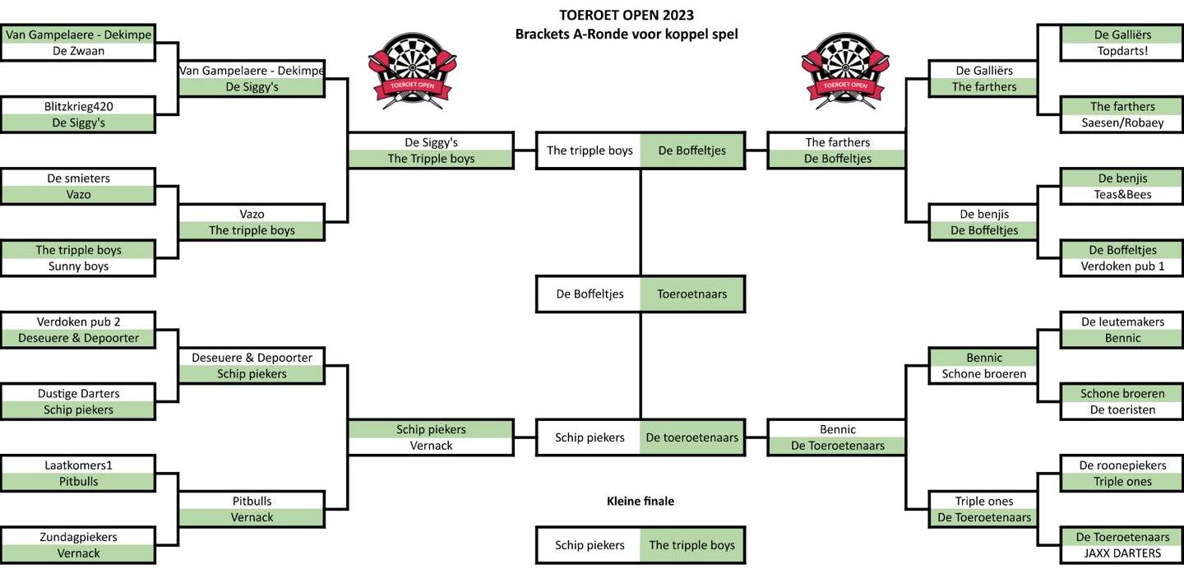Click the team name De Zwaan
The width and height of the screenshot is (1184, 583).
tap(78, 51)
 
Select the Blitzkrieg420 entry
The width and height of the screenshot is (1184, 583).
tap(78, 106)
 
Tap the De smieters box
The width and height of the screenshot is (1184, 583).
tap(78, 178)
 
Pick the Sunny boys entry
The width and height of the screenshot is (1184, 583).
tap(78, 266)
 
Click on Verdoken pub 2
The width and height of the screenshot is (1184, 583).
tap(78, 322)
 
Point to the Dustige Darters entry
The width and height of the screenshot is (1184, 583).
tap(78, 394)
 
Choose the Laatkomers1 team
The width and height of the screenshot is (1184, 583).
tap(78, 465)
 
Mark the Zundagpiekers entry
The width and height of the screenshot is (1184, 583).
tap(78, 537)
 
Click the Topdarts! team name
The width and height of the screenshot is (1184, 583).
tap(1122, 51)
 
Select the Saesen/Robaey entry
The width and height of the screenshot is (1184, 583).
tap(1122, 123)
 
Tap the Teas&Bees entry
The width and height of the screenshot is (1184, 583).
tap(1122, 195)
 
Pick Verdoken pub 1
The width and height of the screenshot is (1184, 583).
tap(1122, 266)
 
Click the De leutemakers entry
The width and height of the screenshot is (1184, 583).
tap(1122, 322)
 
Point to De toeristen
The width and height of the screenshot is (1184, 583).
tap(1122, 410)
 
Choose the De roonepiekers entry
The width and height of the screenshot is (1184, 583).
tap(1122, 465)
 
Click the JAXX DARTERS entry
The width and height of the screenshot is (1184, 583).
tap(1122, 553)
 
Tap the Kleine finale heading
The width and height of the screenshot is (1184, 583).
tap(640, 501)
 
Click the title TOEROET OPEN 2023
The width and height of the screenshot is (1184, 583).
tap(627, 15)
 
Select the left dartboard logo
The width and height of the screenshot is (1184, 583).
tap(412, 70)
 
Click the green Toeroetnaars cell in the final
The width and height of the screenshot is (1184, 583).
tap(692, 294)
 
